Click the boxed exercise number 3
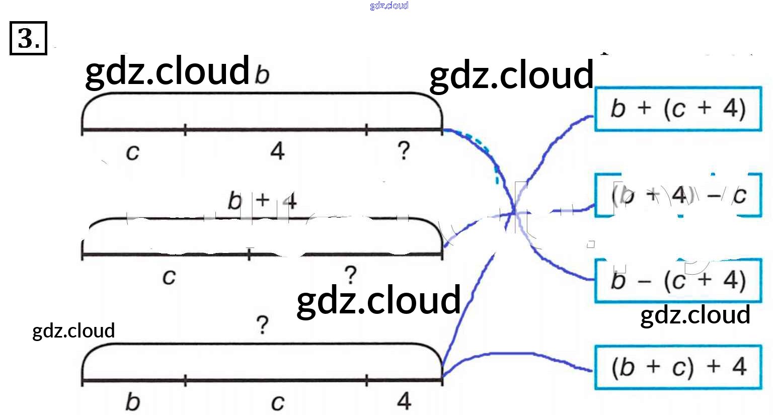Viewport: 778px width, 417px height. pyautogui.click(x=28, y=38)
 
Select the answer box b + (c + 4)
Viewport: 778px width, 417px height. pyautogui.click(x=678, y=109)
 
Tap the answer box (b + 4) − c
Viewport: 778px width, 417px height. pyautogui.click(x=678, y=195)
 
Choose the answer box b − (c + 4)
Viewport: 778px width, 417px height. pyautogui.click(x=678, y=281)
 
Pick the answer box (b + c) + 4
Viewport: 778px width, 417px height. pyautogui.click(x=678, y=367)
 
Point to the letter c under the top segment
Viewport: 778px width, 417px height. pyautogui.click(x=132, y=151)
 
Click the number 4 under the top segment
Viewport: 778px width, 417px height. pyautogui.click(x=277, y=150)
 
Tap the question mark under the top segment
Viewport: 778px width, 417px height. pyautogui.click(x=403, y=150)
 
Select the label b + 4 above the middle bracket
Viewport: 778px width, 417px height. pyautogui.click(x=262, y=201)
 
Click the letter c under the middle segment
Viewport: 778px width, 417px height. pyautogui.click(x=169, y=276)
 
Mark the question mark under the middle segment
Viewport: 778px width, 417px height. pyautogui.click(x=350, y=275)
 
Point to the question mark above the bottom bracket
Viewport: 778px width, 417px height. pyautogui.click(x=262, y=325)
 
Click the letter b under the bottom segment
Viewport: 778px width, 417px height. pyautogui.click(x=132, y=401)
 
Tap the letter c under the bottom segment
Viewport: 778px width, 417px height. pyautogui.click(x=277, y=402)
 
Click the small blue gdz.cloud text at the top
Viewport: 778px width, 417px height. pyautogui.click(x=388, y=6)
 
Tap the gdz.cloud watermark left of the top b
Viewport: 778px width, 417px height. pyautogui.click(x=167, y=70)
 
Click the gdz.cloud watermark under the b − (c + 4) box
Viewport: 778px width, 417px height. pyautogui.click(x=695, y=315)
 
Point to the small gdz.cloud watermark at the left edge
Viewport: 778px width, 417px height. pyautogui.click(x=73, y=330)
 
